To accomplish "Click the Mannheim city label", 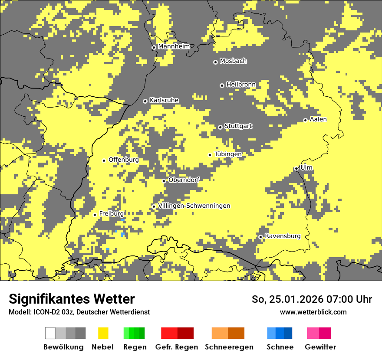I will pos(174,46).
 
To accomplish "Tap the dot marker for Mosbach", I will pos(215,62).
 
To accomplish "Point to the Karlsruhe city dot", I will pos(145,101).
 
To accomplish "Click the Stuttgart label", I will pos(238,126).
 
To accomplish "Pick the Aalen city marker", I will pos(305,120).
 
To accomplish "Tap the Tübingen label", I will pos(228,154).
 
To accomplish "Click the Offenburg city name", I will pos(124,160).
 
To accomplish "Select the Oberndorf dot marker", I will pos(164,181).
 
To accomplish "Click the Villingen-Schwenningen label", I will pos(194,206).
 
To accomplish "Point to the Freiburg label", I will pos(111,213).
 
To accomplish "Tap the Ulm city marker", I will pos(296,169).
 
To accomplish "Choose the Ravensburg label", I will pos(283,236).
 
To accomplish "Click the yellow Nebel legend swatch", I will pos(103,333).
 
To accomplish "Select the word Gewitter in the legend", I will pos(320,347).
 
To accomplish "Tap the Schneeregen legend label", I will pos(229,347).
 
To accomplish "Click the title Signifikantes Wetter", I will pos(72,299).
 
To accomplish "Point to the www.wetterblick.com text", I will pos(313,312).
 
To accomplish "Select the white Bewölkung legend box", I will pos(50,333).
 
